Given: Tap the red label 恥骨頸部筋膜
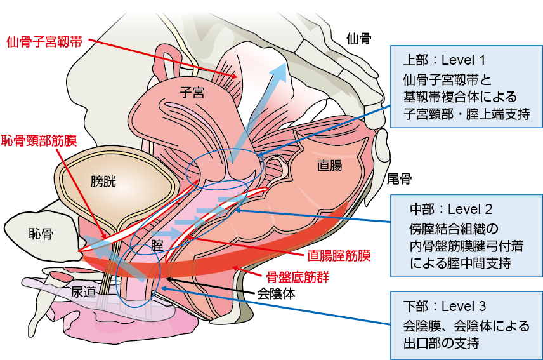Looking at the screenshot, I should (39, 140).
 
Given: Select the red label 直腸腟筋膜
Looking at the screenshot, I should (339, 256).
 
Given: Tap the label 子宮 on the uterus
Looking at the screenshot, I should (192, 93).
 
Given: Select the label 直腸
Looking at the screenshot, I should (329, 166).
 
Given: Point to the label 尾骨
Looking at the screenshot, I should (400, 178).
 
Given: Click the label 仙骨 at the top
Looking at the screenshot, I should (359, 39).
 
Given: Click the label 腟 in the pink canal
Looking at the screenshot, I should (157, 244).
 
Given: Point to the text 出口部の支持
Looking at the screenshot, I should (443, 343).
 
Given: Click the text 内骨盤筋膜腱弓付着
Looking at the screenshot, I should (466, 244).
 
